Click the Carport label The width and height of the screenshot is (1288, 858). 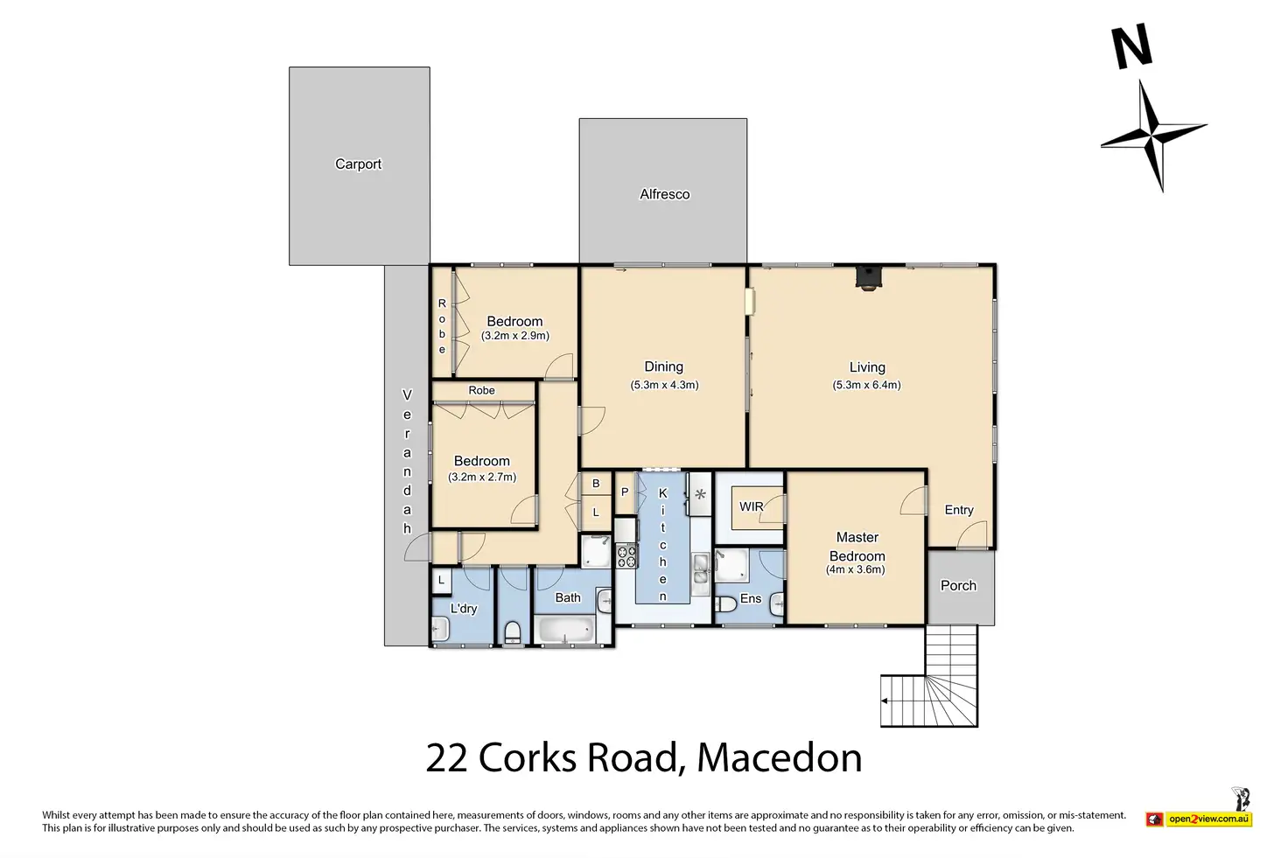click(x=358, y=164)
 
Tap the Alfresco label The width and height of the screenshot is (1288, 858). click(x=665, y=194)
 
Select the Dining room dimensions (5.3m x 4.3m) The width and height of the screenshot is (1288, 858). click(x=664, y=385)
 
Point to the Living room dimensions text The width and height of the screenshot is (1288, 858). click(x=866, y=385)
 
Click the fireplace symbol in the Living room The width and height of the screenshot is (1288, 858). click(x=868, y=277)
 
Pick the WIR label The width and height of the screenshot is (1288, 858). click(x=751, y=506)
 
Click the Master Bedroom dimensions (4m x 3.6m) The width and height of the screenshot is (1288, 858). click(x=855, y=569)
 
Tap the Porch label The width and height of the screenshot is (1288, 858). click(x=958, y=586)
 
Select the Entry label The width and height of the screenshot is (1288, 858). click(x=958, y=510)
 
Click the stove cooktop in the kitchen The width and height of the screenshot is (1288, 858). click(x=626, y=555)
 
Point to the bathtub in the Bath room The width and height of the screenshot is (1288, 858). click(x=564, y=630)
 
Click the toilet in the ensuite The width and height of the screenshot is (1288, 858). click(x=727, y=604)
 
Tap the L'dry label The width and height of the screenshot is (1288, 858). click(x=464, y=609)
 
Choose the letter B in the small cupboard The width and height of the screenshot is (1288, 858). click(x=596, y=484)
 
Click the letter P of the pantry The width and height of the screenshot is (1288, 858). click(x=625, y=492)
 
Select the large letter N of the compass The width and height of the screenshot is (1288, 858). click(x=1132, y=47)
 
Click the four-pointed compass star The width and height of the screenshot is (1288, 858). click(x=1153, y=136)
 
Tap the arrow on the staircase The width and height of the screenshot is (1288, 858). click(x=885, y=701)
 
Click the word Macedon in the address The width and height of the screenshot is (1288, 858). click(x=779, y=758)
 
